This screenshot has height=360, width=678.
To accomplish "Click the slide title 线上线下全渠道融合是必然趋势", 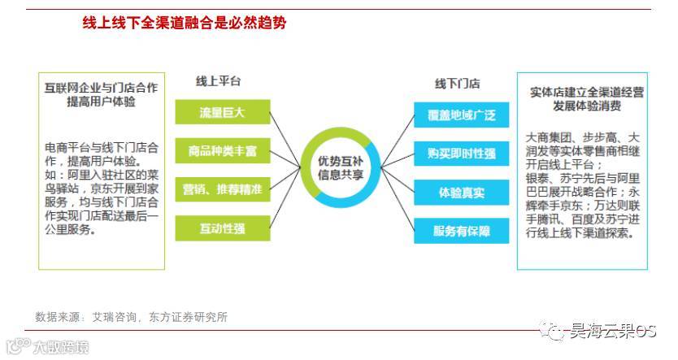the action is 184,24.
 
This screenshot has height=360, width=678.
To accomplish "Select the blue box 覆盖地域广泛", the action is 461,115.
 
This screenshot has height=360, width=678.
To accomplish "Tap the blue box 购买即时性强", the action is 461,154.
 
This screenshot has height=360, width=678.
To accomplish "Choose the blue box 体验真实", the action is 461,193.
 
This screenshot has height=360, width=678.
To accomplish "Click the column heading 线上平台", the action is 218,82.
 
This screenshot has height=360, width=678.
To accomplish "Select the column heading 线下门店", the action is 457,84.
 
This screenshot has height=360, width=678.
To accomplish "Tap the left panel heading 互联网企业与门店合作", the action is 101,87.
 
